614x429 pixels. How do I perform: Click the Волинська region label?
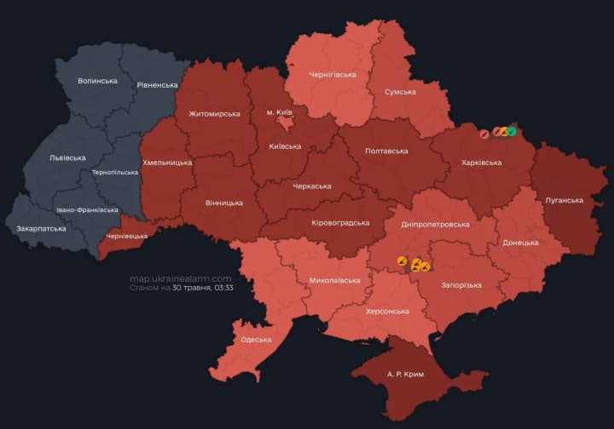tap(97, 81)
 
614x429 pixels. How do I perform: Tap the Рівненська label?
tap(157, 85)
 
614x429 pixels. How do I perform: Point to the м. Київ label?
tap(281, 112)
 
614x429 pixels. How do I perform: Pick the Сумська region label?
tap(400, 92)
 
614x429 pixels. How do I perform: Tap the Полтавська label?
tap(386, 151)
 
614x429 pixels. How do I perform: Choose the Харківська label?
tap(481, 162)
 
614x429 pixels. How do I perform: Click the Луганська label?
tap(564, 200)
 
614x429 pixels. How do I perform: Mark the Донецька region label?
tap(520, 243)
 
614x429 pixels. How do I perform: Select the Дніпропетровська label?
tap(435, 224)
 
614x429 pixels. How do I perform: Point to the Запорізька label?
tap(461, 284)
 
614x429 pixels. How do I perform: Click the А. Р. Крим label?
tap(405, 374)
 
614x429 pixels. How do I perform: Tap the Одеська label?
tap(256, 340)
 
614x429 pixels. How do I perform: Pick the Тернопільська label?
tap(115, 172)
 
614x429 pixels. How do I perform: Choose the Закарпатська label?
tap(40, 229)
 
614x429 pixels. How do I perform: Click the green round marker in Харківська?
tap(513, 132)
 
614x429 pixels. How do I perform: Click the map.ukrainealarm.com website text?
tap(181, 278)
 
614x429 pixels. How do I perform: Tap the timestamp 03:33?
tap(223, 288)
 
